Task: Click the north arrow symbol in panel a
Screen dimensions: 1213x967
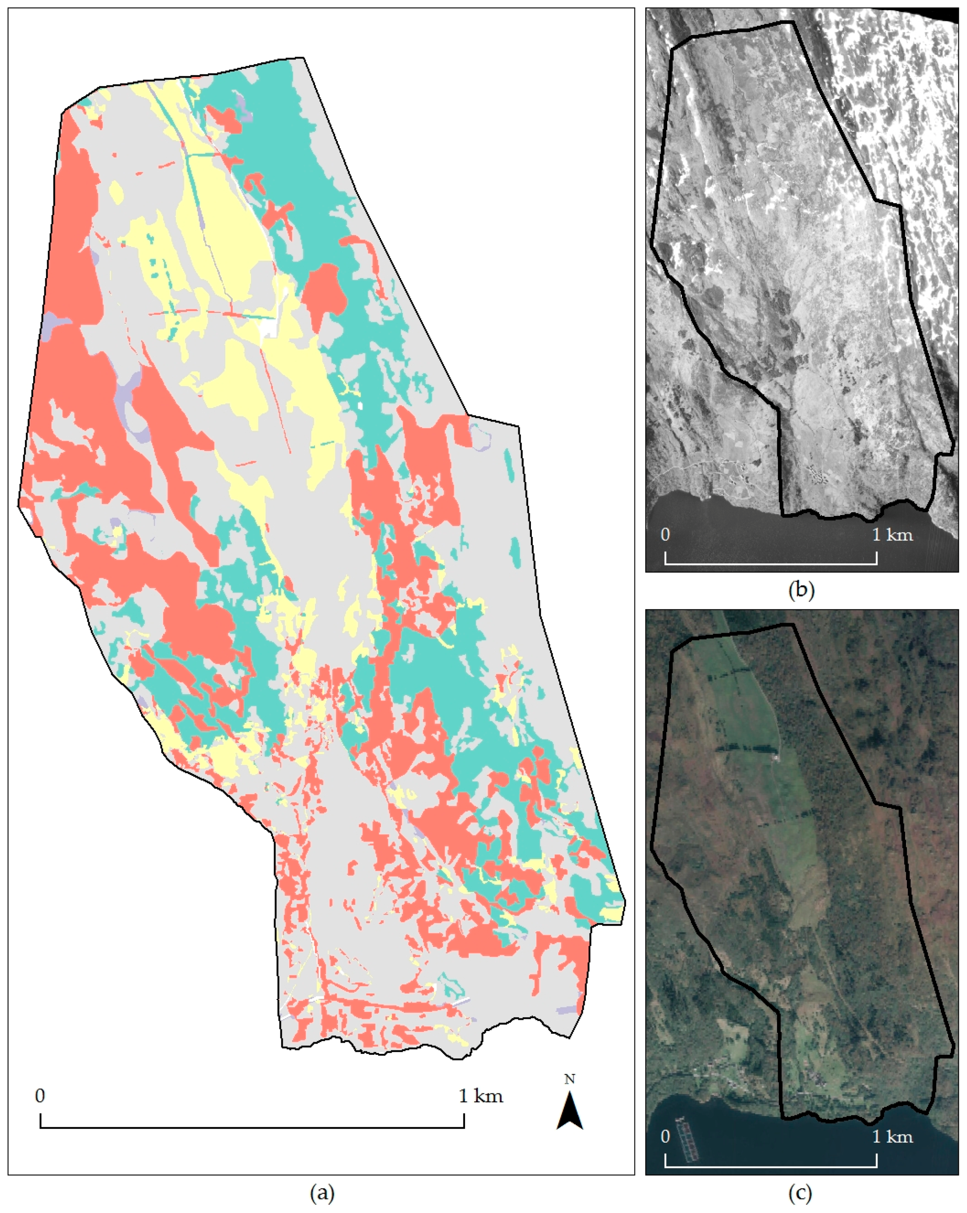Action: click(570, 1111)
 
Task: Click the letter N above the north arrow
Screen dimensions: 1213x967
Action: click(570, 1079)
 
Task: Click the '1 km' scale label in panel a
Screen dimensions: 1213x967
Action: click(481, 1096)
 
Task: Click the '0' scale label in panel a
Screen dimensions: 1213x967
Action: click(40, 1096)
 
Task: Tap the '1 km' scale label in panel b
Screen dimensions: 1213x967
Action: click(893, 534)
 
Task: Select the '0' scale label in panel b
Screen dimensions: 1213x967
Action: click(665, 534)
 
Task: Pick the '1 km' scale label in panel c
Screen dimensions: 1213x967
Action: click(893, 1137)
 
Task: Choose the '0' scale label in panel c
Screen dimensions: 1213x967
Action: click(665, 1137)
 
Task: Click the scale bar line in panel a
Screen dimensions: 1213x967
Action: click(252, 1127)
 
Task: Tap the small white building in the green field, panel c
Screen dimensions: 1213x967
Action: click(776, 758)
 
